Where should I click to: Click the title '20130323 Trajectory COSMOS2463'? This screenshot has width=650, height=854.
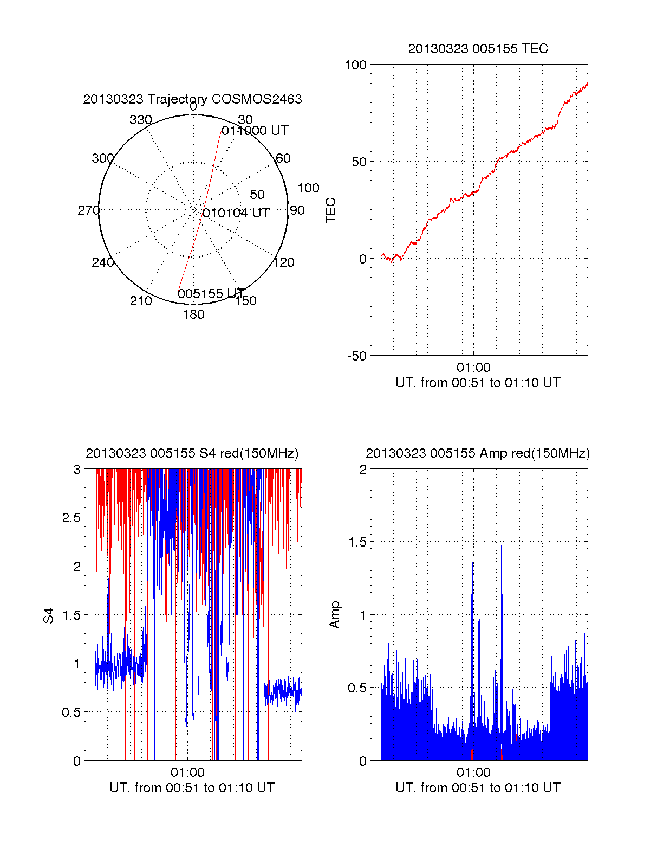point(192,99)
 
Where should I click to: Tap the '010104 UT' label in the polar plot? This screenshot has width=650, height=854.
point(236,213)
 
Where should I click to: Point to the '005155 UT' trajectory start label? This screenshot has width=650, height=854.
point(211,294)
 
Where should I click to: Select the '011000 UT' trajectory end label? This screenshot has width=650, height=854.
point(255,131)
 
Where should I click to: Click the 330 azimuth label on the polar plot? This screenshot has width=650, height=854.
point(140,120)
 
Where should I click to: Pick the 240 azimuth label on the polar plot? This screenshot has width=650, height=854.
point(102,262)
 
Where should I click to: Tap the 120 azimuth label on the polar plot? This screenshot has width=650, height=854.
point(284,262)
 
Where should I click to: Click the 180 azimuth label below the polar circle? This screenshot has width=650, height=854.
point(193,314)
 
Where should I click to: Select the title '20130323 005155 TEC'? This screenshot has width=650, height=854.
point(478,49)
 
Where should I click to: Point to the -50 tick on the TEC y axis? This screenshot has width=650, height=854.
point(357,356)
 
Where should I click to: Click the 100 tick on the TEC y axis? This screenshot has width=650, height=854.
point(356,65)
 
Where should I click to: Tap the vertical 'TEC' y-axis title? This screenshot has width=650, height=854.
point(331,210)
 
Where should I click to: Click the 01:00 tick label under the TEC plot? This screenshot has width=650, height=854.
point(473,368)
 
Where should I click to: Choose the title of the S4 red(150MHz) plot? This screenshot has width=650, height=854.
point(192,453)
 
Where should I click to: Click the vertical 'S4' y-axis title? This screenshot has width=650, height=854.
point(49,616)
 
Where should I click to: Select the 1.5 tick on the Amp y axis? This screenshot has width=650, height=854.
point(357,542)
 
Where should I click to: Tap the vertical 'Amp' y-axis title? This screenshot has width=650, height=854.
point(335,615)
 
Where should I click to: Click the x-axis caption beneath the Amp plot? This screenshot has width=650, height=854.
point(478,788)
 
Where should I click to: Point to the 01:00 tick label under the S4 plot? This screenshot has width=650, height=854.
point(187,773)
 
